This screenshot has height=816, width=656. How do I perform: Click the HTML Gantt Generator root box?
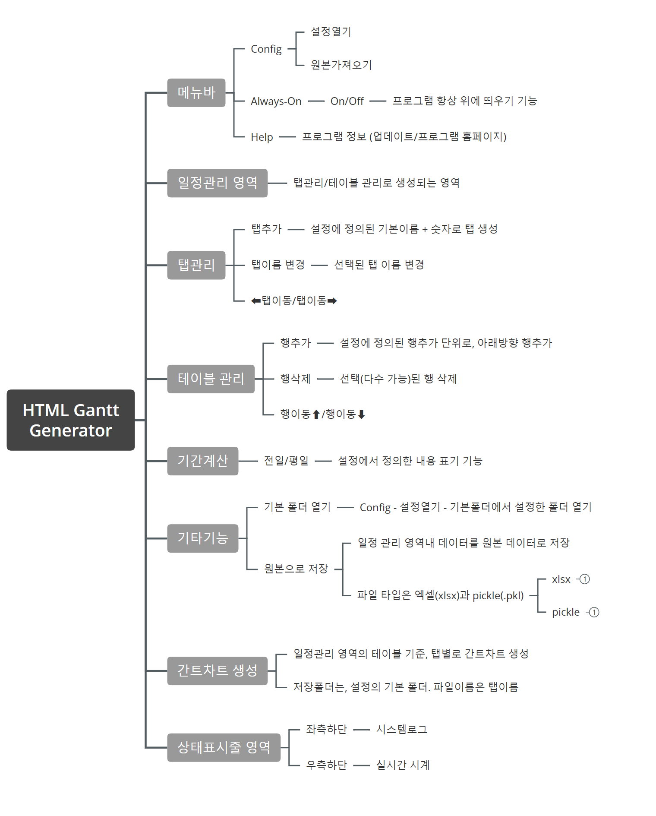click(71, 420)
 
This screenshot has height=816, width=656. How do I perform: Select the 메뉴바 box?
click(196, 92)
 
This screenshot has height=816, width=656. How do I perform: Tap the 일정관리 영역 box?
click(217, 183)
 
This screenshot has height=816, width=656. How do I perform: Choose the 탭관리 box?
click(196, 265)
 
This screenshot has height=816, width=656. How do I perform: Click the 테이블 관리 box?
click(211, 379)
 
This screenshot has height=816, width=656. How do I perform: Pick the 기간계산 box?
click(202, 461)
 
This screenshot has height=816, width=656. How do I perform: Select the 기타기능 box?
click(202, 538)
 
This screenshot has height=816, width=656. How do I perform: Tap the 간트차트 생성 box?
click(217, 671)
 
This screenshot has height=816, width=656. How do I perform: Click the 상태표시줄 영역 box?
click(224, 747)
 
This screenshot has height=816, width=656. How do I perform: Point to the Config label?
click(266, 49)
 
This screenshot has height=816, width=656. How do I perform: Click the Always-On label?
click(276, 101)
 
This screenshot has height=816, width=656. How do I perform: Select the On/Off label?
click(347, 101)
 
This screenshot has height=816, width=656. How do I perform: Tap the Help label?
click(262, 137)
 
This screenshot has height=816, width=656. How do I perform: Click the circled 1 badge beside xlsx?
click(585, 579)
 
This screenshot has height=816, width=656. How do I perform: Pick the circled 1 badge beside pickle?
click(594, 612)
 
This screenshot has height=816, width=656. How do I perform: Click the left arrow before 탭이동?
click(256, 301)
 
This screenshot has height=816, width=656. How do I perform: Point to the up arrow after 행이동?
click(316, 414)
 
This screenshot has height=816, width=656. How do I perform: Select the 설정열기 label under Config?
click(331, 32)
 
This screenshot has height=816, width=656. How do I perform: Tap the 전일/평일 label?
click(286, 461)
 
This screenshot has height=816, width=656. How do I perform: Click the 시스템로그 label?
click(401, 730)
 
